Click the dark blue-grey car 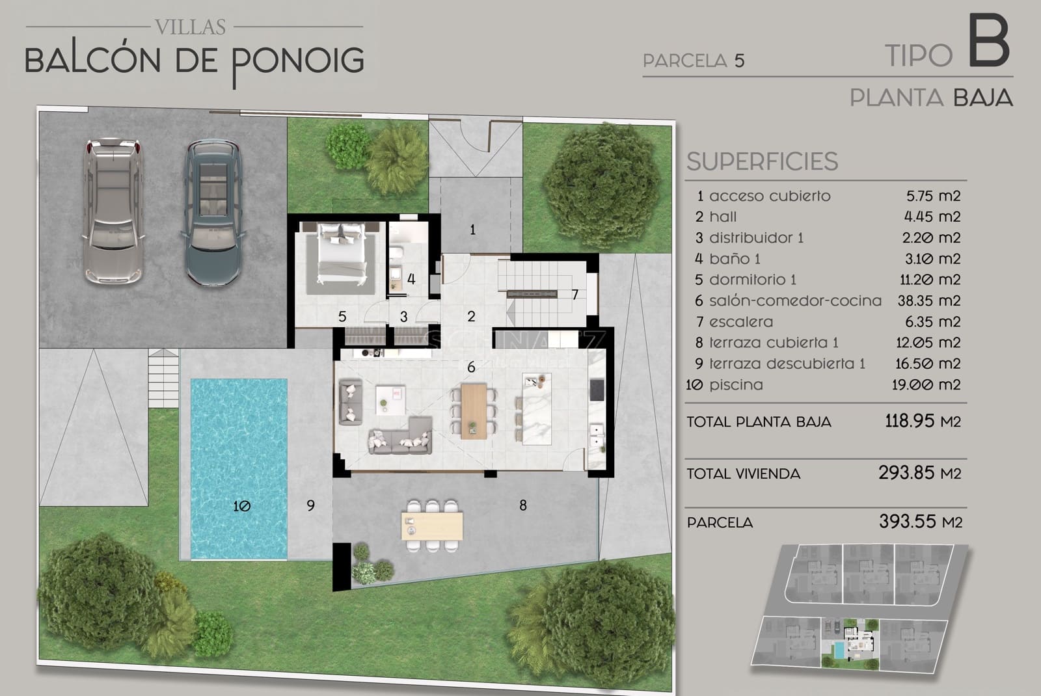coord(213,213)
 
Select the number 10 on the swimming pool coord(241,505)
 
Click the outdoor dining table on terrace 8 coord(432,526)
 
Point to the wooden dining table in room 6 coord(474,411)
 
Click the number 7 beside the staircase coord(575,295)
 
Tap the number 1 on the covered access coord(472,229)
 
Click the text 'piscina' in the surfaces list coord(736,384)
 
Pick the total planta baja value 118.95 coord(910,421)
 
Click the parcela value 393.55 coord(908,521)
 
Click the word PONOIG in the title coord(298,61)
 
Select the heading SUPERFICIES coord(762,161)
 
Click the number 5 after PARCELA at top coord(739,61)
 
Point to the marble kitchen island coord(537,408)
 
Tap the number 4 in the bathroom coord(411,279)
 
